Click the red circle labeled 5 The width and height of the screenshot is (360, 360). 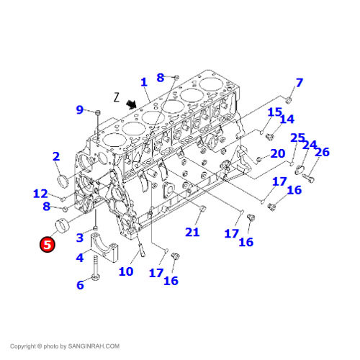[48, 245]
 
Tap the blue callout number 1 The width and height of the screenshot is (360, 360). [144, 82]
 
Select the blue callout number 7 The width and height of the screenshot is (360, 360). [299, 83]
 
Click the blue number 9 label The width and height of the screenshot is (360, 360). [79, 109]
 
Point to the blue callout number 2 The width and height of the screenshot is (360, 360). [56, 157]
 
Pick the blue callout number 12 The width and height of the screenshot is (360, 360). [40, 194]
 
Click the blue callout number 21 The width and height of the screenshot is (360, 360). [192, 232]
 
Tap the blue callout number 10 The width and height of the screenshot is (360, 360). [126, 271]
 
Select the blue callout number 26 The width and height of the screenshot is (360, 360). [322, 152]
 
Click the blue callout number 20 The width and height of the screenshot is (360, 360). [278, 153]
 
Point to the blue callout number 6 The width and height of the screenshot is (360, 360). [80, 285]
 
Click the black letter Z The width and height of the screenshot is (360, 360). [117, 97]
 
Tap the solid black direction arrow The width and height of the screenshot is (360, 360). [131, 104]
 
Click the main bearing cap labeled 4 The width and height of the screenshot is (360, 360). [104, 247]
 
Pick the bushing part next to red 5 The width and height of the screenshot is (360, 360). [63, 225]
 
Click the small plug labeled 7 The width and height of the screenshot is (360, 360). [289, 100]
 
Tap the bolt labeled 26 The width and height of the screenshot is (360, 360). [308, 178]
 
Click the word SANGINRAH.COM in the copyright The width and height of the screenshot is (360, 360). [94, 346]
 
